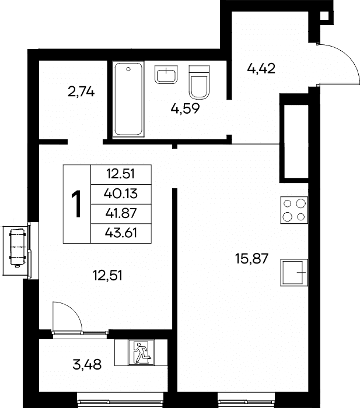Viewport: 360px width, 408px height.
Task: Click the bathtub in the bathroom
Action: point(128,99)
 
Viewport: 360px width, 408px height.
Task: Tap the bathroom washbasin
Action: point(166,75)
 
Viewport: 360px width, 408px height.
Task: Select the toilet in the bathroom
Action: point(199,82)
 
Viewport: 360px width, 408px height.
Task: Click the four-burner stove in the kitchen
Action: point(294,210)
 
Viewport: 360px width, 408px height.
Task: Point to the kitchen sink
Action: point(294,272)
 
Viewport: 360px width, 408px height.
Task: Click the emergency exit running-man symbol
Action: point(141,352)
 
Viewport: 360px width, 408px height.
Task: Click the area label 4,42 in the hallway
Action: point(261,69)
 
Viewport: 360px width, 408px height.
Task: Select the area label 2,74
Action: point(81,92)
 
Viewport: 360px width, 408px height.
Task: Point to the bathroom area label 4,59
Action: point(185,108)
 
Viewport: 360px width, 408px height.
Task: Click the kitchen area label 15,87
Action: point(251,259)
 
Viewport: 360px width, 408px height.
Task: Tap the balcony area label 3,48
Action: point(87,364)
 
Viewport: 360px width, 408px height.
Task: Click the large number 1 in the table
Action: point(77,204)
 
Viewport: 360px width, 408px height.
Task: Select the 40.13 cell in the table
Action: point(121,194)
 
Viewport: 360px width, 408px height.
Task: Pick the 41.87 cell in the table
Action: point(121,213)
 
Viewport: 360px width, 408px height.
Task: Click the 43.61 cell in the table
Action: point(121,233)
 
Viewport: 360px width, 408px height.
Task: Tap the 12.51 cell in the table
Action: point(121,174)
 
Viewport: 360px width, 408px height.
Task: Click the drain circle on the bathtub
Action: point(128,69)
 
